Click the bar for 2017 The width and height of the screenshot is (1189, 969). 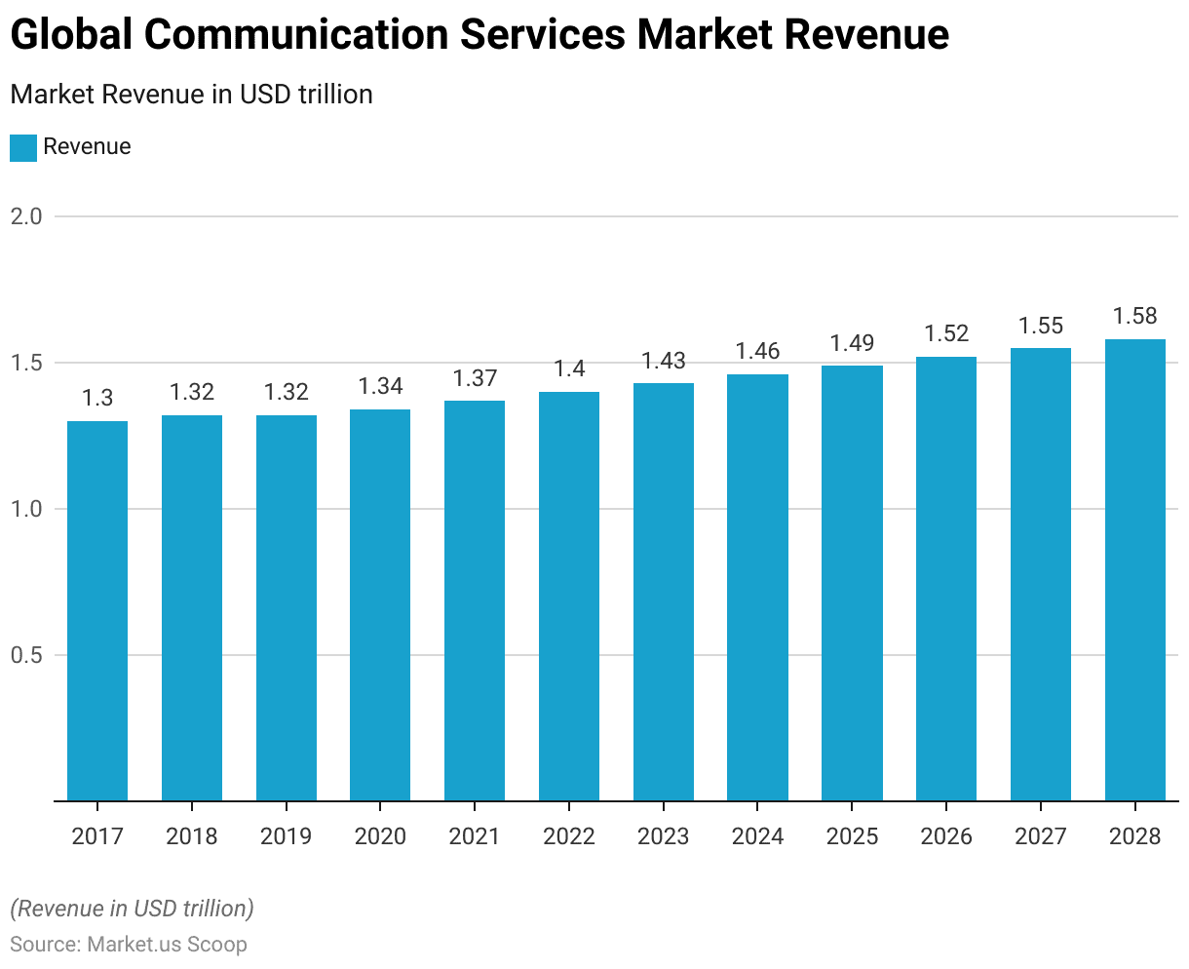point(97,611)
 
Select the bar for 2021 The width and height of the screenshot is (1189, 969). point(475,601)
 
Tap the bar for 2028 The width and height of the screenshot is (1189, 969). point(1134,570)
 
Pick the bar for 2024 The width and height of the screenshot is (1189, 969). point(757,588)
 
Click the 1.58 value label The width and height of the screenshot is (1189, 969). point(1134,316)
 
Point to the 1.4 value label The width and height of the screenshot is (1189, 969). point(569,368)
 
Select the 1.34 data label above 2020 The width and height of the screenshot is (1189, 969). point(380,386)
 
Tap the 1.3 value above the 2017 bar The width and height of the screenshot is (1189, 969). point(97,398)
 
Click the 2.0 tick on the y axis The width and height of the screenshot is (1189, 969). point(26,216)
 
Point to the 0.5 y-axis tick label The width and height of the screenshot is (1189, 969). point(26,655)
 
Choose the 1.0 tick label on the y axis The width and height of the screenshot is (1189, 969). point(26,509)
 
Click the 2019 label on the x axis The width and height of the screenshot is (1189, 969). point(286,836)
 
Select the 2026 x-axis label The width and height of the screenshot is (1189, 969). point(946,836)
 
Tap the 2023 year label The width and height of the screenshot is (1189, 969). point(663,836)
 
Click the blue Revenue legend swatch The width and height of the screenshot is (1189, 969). point(22,147)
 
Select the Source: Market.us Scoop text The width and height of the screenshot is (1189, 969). point(129,945)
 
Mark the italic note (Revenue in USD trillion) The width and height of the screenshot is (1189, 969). point(132,909)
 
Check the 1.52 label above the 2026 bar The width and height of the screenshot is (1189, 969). point(946,333)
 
